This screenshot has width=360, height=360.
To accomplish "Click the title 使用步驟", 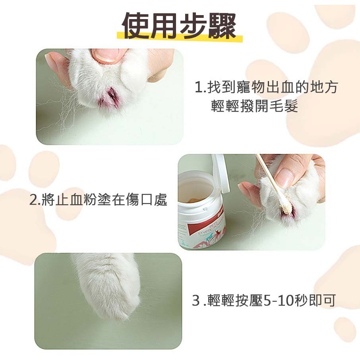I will pyautogui.click(x=180, y=26).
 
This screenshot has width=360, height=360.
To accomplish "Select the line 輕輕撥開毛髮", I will pyautogui.click(x=254, y=106).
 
